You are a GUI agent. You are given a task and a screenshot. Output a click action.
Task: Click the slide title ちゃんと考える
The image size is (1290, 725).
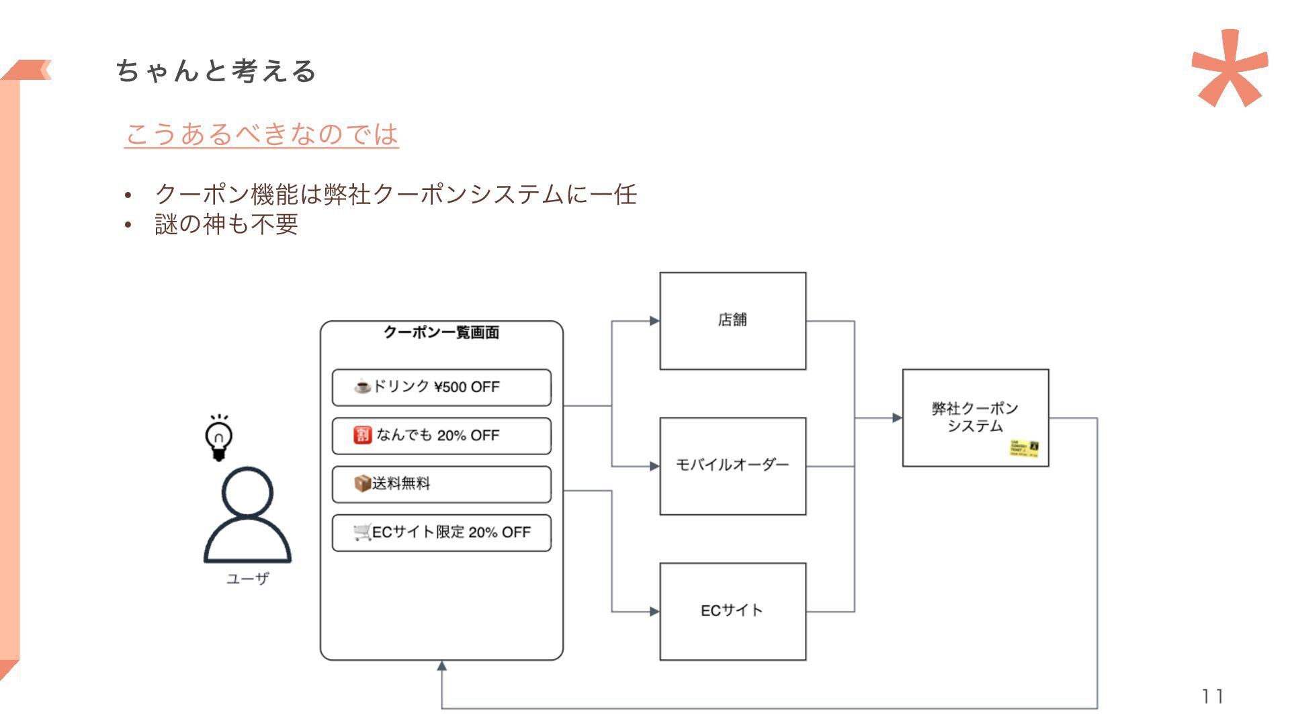[x=216, y=71]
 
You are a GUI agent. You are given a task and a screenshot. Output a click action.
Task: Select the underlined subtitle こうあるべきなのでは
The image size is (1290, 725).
[x=261, y=134]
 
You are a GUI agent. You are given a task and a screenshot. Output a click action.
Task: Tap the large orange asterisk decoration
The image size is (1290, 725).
[x=1229, y=68]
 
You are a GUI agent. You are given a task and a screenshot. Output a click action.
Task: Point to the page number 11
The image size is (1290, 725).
[x=1213, y=696]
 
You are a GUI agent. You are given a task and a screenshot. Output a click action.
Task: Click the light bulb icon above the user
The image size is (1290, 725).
[x=218, y=438]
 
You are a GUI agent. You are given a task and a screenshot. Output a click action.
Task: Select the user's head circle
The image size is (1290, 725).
[x=247, y=491]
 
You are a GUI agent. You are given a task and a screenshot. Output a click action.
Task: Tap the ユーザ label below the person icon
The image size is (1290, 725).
[x=247, y=579]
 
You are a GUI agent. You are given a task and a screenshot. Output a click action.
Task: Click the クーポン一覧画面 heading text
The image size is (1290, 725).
[x=441, y=332]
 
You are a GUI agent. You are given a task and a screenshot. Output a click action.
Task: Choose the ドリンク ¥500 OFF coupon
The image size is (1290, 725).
[x=441, y=387]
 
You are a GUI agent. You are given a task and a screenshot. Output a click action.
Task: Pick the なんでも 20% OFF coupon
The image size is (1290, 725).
[x=441, y=436]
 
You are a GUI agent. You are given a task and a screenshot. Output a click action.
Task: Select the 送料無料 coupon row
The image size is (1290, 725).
[x=441, y=484]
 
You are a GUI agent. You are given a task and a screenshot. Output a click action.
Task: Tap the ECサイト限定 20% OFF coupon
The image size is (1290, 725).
[x=441, y=532]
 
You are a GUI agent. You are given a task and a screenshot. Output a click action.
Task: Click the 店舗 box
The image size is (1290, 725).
[x=732, y=321]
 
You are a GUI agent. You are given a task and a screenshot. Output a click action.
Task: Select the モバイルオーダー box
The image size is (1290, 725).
[x=732, y=466]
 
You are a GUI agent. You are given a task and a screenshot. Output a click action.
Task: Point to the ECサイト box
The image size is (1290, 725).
[x=732, y=611]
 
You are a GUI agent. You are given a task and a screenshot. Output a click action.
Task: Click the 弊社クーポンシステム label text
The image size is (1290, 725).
[x=975, y=417]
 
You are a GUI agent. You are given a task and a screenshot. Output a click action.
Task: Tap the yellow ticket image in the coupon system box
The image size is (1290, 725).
[x=1025, y=448]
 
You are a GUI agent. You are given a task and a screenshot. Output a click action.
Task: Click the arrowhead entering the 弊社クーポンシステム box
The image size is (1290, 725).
[x=897, y=418]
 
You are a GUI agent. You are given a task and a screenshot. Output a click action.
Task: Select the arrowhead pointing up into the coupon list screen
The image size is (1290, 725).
[x=441, y=666]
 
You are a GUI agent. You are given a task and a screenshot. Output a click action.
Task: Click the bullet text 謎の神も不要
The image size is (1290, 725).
[x=226, y=224]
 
